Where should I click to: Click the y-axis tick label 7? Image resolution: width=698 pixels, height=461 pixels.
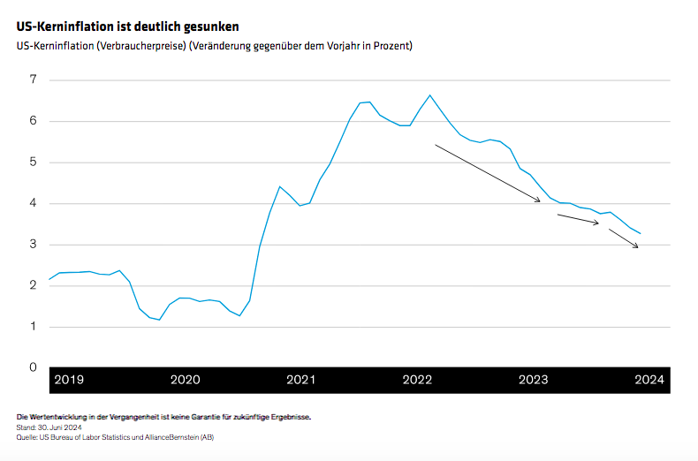point(33,79)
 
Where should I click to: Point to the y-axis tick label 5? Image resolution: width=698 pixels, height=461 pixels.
point(33,162)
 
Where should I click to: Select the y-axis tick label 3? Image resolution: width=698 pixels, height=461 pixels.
point(33,245)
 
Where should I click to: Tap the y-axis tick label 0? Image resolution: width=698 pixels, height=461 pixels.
point(33,367)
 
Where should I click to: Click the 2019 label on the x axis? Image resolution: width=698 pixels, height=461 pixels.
point(69,380)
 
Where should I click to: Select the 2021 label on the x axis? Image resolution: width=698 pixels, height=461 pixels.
point(300,380)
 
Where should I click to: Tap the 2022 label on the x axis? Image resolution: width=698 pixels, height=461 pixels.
point(417,380)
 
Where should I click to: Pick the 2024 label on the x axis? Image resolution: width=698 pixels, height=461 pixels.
point(649,380)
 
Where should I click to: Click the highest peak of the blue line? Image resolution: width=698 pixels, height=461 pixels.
point(429,94)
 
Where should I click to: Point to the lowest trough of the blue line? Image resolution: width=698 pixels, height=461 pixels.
point(159,320)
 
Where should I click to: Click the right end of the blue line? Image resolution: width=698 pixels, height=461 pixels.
point(641,234)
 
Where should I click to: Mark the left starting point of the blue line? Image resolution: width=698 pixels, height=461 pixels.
point(49,280)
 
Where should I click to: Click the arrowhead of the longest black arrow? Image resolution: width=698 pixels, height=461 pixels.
point(540,202)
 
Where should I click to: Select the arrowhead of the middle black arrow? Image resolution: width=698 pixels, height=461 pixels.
point(598,223)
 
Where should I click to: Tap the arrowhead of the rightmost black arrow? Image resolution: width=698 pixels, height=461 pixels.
point(638,247)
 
